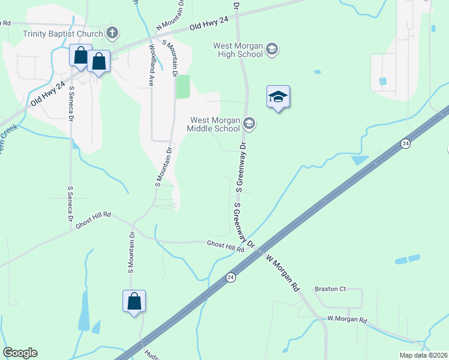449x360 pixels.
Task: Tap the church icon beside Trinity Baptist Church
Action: tap(112, 32)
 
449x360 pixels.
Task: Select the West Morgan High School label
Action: tap(239, 50)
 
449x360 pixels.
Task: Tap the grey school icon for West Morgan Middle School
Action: tap(249, 124)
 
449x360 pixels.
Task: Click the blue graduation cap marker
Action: tap(278, 97)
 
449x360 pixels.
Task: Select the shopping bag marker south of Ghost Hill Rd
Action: tap(134, 301)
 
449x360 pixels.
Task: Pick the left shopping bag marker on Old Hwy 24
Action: tap(80, 56)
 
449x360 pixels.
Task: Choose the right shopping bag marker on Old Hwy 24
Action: tap(99, 61)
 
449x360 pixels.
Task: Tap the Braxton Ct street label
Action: tap(331, 289)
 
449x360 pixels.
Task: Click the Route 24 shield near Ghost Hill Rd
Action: tap(231, 277)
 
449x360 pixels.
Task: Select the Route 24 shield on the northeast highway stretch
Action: tap(406, 144)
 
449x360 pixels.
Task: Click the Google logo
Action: tap(20, 353)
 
